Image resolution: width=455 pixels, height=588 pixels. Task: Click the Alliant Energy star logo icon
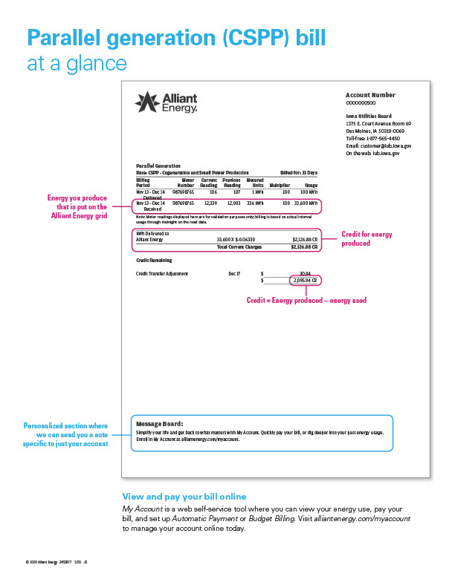click(146, 101)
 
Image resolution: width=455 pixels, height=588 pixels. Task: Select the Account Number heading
click(370, 95)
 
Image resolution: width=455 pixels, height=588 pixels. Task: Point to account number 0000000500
click(361, 102)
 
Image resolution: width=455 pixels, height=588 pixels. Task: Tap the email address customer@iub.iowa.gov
click(378, 146)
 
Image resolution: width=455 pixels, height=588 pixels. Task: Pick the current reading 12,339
click(210, 203)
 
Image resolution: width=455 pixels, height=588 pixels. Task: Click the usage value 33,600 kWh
click(306, 203)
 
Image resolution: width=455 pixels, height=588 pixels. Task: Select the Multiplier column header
click(280, 185)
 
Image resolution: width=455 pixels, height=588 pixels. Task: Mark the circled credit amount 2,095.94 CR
click(305, 281)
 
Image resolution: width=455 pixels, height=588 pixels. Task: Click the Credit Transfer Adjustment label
click(162, 273)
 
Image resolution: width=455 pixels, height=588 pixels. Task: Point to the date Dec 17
click(234, 273)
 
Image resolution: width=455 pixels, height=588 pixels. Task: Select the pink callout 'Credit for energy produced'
click(367, 239)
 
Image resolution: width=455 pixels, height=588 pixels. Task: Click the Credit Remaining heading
click(154, 261)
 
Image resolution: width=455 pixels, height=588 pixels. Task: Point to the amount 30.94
click(305, 273)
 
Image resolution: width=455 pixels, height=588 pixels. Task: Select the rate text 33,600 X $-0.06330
click(236, 240)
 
